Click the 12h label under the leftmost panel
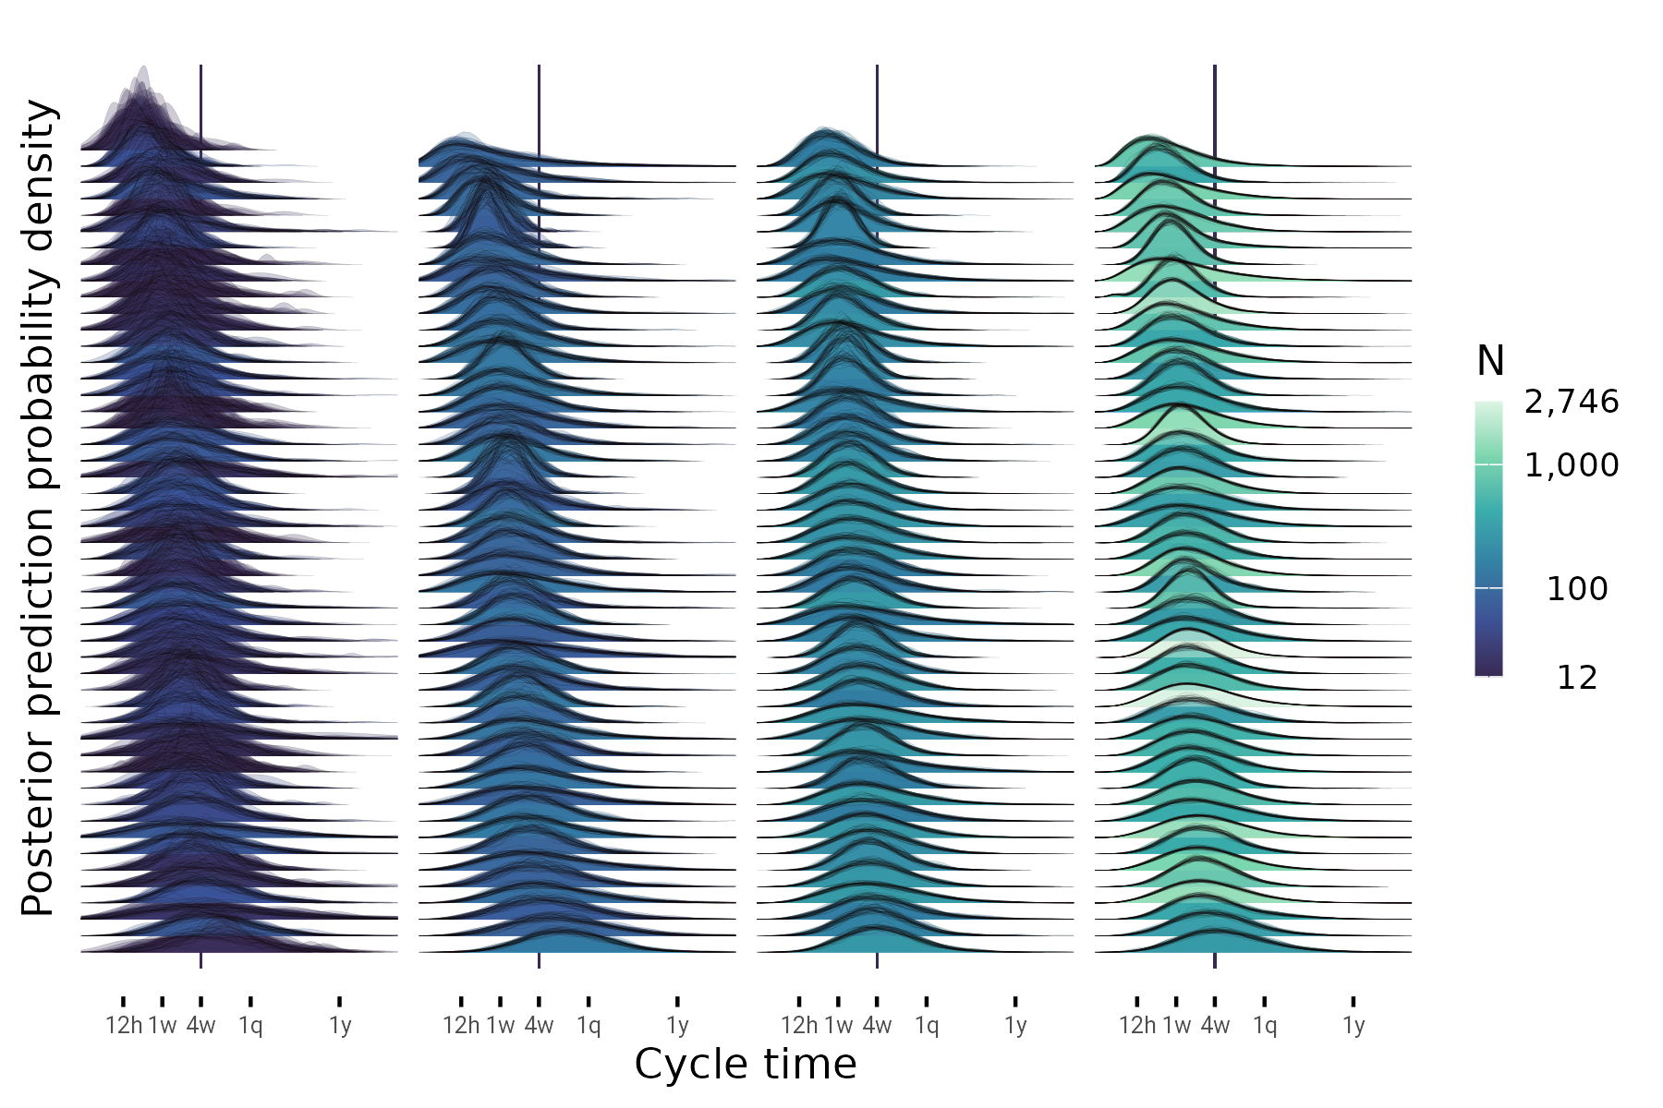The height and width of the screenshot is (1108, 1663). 124,1025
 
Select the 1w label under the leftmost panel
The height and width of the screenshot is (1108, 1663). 163,1025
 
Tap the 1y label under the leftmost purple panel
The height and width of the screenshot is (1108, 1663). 340,1025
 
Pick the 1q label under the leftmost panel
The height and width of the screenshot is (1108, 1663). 250,1025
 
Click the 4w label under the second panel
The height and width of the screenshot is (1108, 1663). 539,1025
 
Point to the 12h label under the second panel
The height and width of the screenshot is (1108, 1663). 461,1025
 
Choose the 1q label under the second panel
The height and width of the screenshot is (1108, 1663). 589,1025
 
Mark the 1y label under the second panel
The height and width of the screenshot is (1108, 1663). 677,1025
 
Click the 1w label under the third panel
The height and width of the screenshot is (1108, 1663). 839,1025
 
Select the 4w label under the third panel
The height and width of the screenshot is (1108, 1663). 877,1025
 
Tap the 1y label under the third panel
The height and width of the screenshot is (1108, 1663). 1015,1025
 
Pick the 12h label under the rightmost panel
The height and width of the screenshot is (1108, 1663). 1137,1025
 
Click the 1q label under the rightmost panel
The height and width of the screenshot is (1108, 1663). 1265,1025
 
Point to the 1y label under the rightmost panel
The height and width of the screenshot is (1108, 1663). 1353,1025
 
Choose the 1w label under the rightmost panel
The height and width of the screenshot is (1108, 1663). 1177,1025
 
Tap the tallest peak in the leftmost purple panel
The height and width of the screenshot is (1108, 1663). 143,70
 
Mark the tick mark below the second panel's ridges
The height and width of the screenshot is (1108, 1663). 539,961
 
